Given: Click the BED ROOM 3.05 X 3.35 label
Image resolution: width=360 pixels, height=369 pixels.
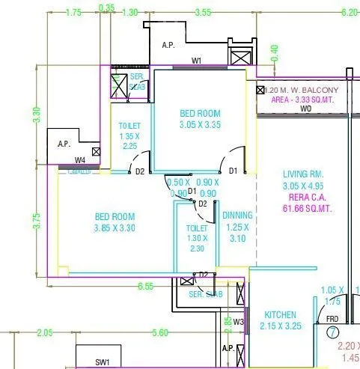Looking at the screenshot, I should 200,119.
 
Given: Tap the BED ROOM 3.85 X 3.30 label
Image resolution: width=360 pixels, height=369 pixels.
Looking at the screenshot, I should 115,222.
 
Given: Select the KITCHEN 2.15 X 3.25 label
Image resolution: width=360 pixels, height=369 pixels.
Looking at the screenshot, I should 281,320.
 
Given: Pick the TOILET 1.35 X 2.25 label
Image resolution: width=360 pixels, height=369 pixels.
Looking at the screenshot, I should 129,137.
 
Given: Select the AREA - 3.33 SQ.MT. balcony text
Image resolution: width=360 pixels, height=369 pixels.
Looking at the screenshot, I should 299,99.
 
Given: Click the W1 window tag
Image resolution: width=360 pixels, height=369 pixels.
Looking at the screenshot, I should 197,61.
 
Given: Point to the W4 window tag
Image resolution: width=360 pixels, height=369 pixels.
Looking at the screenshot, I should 80,160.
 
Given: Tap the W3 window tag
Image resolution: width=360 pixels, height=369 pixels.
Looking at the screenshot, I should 239,322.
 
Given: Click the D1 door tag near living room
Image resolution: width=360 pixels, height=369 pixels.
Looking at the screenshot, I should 233,171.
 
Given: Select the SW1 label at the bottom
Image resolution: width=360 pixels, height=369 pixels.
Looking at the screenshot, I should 103,362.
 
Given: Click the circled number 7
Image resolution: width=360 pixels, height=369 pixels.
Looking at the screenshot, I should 332,332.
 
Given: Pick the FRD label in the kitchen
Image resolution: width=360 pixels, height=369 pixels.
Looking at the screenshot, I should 332,319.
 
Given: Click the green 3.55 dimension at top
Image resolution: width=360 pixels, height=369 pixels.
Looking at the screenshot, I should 202,12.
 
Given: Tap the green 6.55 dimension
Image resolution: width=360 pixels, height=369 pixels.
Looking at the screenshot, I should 147,286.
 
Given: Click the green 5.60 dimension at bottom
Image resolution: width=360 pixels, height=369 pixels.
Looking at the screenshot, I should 160,332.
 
